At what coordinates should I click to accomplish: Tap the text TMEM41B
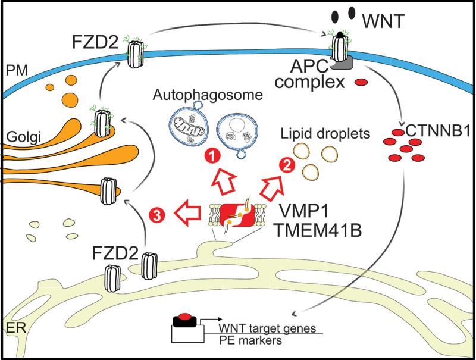(323, 229)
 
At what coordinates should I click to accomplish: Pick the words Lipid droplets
(315, 129)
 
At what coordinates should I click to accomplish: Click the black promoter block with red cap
(185, 321)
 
